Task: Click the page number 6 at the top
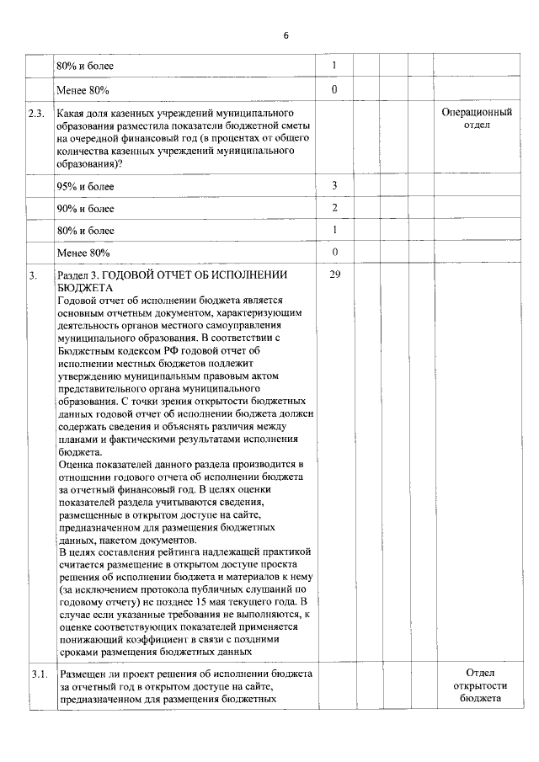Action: [286, 35]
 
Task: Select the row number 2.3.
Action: [35, 112]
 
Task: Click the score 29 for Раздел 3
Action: [334, 274]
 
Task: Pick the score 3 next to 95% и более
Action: [334, 185]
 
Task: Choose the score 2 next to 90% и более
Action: [334, 207]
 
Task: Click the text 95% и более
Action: [84, 186]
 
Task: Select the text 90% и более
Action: [84, 208]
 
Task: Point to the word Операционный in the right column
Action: [478, 111]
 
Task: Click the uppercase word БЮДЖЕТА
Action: [82, 287]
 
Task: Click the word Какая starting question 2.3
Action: [71, 112]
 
